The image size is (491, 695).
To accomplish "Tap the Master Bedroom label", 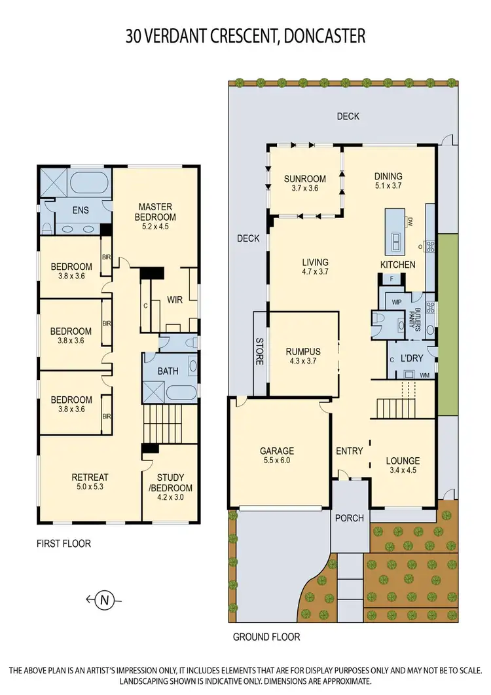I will point(155,213).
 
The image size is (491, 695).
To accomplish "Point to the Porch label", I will point(349,518).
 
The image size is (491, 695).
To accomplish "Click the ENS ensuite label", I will point(81,212).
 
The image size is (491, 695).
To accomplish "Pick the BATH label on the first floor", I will point(168,371).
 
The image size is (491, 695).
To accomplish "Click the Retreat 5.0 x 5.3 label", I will point(90,482).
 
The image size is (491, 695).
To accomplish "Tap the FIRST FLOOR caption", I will point(64,543).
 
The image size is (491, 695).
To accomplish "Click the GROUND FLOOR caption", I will point(266,636).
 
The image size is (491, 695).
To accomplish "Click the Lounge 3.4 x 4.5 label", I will point(402,465).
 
